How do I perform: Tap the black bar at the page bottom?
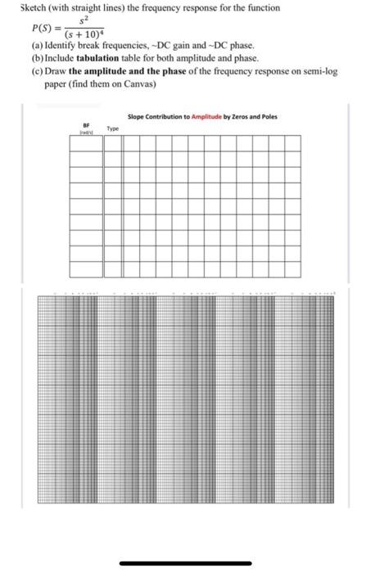pos(185,562)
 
